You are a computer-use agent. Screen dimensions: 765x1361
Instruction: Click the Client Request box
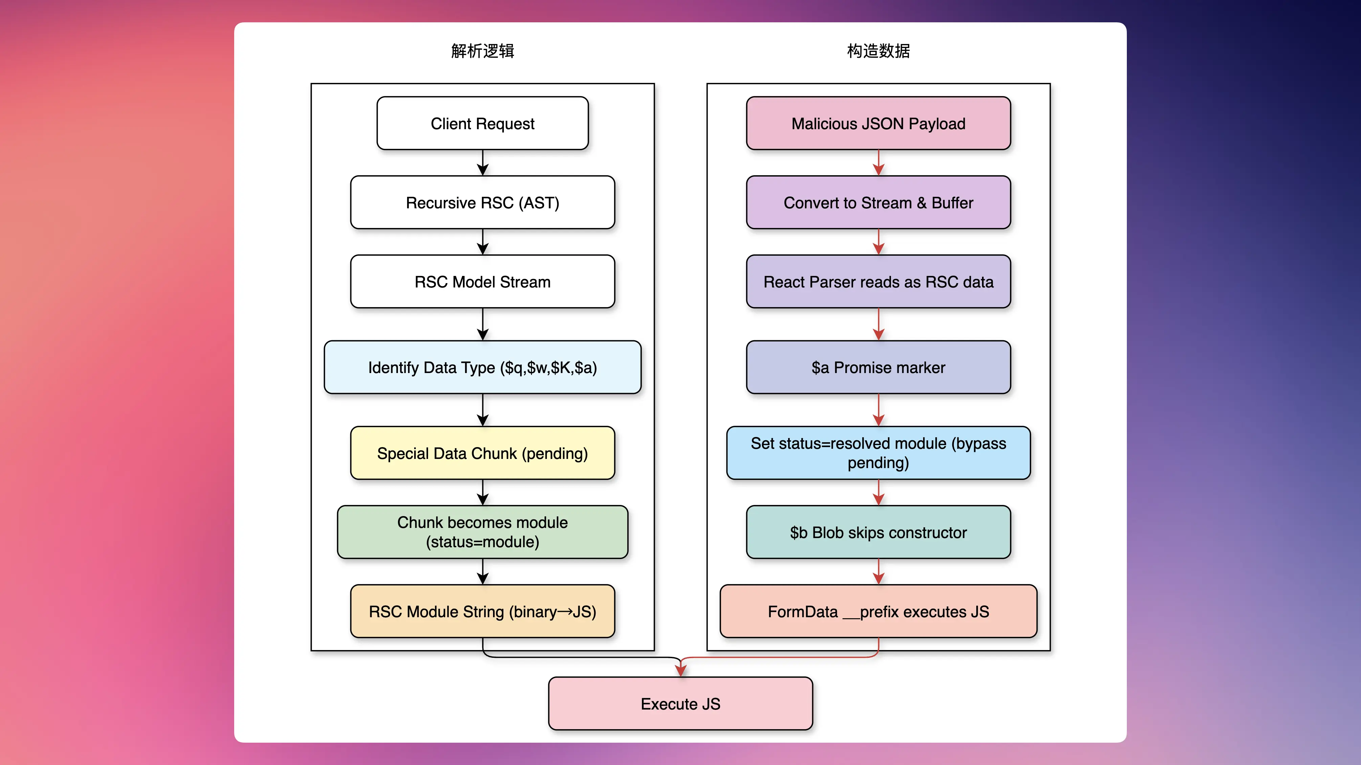pyautogui.click(x=482, y=123)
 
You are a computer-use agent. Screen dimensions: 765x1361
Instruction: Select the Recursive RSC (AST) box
pyautogui.click(x=482, y=203)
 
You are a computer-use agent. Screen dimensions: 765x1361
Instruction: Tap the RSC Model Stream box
pyautogui.click(x=482, y=282)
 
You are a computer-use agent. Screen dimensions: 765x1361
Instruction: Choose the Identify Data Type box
pyautogui.click(x=482, y=368)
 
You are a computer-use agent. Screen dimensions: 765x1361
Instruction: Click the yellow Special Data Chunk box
pyautogui.click(x=482, y=453)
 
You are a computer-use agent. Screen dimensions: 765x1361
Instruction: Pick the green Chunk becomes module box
pyautogui.click(x=482, y=532)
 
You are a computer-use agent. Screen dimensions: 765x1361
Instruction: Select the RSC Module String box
pyautogui.click(x=482, y=611)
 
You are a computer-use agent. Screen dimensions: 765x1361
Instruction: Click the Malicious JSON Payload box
pyautogui.click(x=878, y=123)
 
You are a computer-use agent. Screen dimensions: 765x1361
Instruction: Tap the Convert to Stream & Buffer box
pyautogui.click(x=878, y=203)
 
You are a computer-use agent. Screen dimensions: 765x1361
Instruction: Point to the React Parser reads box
pyautogui.click(x=878, y=282)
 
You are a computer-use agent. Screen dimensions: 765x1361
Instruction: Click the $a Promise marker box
pyautogui.click(x=878, y=368)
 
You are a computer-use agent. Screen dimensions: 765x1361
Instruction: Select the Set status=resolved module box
pyautogui.click(x=878, y=453)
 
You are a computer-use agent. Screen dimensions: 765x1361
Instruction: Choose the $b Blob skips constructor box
pyautogui.click(x=878, y=532)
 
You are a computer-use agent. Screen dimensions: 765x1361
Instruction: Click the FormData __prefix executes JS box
pyautogui.click(x=878, y=611)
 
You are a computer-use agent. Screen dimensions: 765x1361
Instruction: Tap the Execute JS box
pyautogui.click(x=680, y=704)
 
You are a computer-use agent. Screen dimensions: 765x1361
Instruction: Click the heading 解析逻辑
pyautogui.click(x=482, y=51)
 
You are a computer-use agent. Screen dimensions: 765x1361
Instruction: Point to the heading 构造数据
pyautogui.click(x=878, y=51)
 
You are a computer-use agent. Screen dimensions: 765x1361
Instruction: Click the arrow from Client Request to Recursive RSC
pyautogui.click(x=482, y=163)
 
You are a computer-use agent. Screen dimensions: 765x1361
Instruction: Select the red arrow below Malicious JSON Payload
pyautogui.click(x=878, y=163)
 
